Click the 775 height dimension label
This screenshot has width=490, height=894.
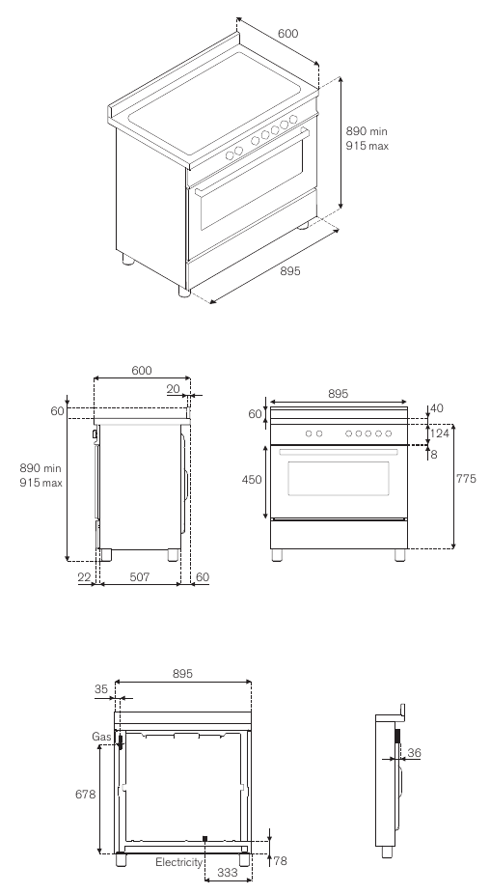466,479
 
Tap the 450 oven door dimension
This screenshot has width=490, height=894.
252,480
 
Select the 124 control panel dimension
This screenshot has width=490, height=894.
439,433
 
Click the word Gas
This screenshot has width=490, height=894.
101,737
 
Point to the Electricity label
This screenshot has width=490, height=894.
178,862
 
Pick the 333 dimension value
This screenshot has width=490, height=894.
228,873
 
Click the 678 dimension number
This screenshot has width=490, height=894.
86,794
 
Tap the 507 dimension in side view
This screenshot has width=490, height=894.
140,577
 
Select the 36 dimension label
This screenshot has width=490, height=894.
414,753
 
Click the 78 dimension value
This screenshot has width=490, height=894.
281,861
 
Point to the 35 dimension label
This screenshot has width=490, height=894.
101,688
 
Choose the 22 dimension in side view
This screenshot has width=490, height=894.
84,577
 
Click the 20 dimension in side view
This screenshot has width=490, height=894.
174,389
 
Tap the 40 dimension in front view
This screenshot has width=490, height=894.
437,408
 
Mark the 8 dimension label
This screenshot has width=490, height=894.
434,455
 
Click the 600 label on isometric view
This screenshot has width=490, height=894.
287,34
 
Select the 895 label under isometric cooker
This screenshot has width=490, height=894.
290,271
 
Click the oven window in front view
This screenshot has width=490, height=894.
339,478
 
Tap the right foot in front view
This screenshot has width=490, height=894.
400,555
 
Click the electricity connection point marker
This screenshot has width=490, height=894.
204,839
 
